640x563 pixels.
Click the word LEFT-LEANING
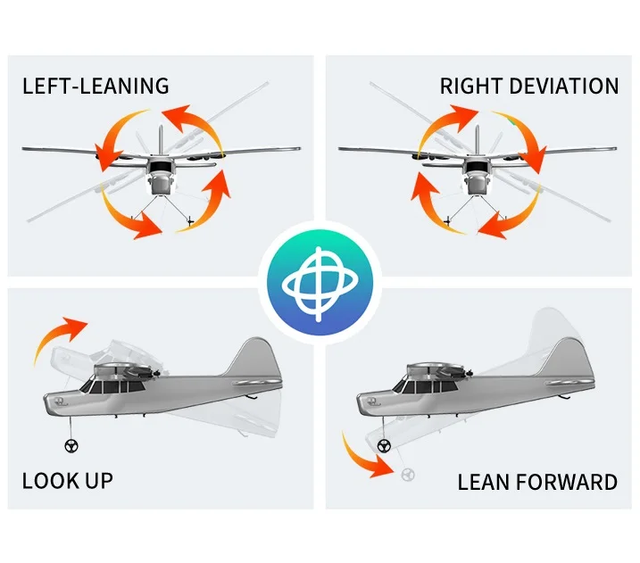point(96,87)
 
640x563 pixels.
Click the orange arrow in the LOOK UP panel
point(59,337)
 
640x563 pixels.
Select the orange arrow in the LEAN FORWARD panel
point(362,455)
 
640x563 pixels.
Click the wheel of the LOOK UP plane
point(70,447)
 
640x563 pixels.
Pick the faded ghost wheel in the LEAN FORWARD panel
point(408,474)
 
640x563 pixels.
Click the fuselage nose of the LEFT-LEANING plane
point(161,184)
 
